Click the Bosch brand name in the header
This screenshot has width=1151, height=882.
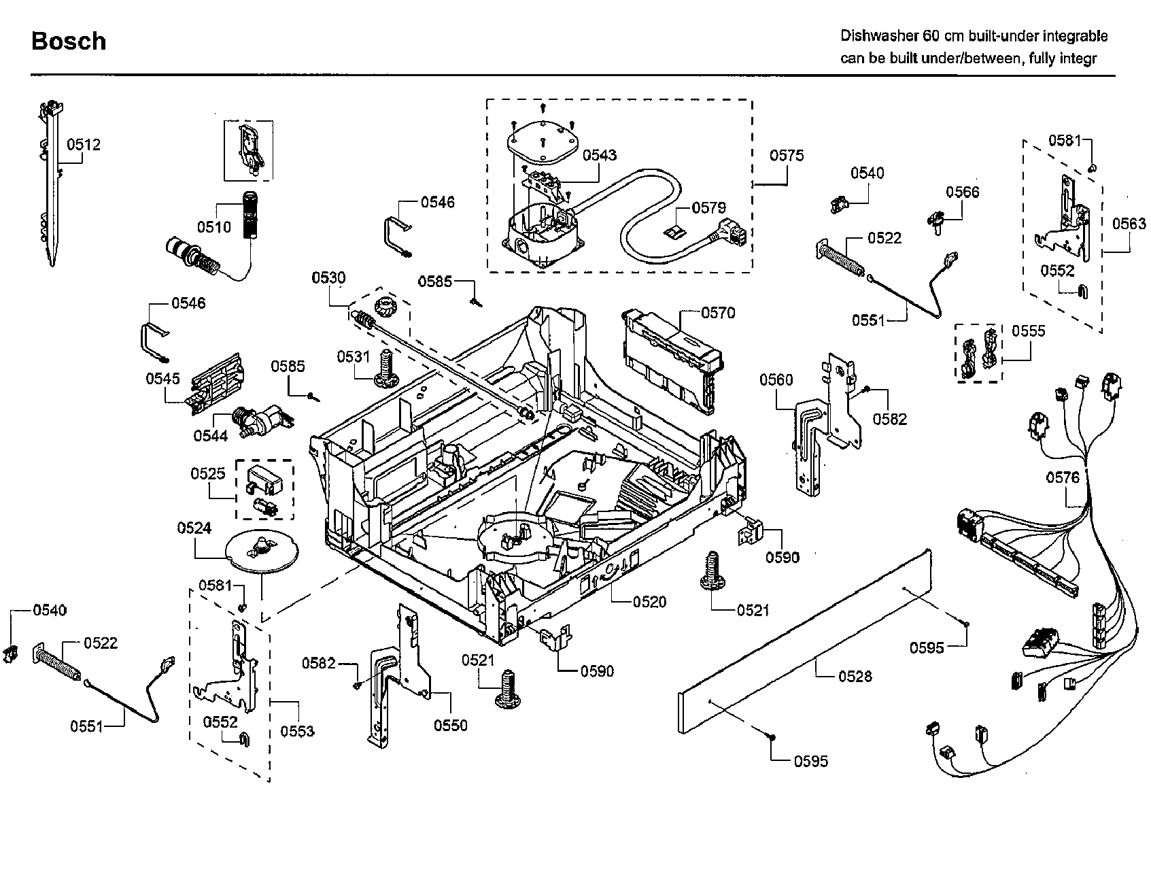click(x=69, y=41)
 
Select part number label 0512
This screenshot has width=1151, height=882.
click(x=84, y=144)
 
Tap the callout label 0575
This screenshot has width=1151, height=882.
click(x=787, y=156)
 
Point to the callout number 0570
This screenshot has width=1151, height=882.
click(x=717, y=313)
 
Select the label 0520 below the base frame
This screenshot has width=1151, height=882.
click(x=649, y=602)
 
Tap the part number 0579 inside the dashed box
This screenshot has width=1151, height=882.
click(x=708, y=207)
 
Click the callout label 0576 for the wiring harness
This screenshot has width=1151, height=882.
click(x=1062, y=478)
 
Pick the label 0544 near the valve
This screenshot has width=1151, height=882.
click(x=210, y=436)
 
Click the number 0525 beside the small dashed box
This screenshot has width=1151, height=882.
click(x=207, y=473)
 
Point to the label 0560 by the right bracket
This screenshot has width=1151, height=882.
click(x=776, y=379)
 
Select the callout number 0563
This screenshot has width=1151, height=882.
click(x=1129, y=224)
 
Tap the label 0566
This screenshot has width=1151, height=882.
click(x=962, y=192)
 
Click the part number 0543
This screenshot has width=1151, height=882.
click(x=600, y=155)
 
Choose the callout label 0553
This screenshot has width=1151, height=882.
click(x=297, y=731)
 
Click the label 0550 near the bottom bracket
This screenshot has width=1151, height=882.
click(x=451, y=726)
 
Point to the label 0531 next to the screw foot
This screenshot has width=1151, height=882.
click(x=354, y=356)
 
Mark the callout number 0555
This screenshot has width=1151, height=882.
click(x=1028, y=331)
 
